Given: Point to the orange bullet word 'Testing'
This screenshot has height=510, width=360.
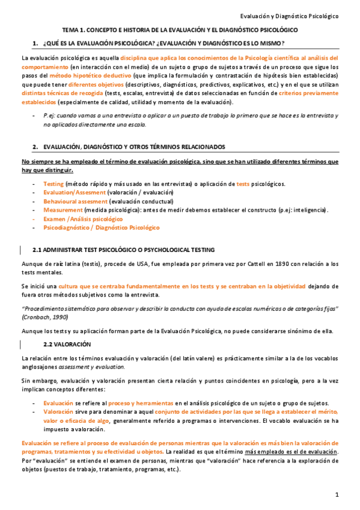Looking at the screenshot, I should click(x=53, y=183).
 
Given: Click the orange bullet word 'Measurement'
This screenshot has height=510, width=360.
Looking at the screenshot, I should click(x=63, y=210).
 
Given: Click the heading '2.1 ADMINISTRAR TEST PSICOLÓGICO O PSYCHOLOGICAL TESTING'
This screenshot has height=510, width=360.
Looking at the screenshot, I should click(x=129, y=250).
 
